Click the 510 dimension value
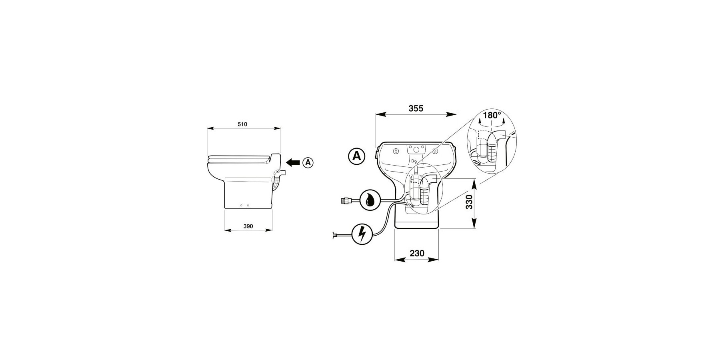[x=242, y=124]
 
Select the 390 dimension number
[x=248, y=226]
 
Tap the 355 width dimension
[x=416, y=108]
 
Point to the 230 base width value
[x=417, y=254]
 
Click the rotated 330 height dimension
[x=470, y=202]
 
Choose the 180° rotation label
[x=492, y=115]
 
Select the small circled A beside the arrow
[x=308, y=162]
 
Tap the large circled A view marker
[x=356, y=156]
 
